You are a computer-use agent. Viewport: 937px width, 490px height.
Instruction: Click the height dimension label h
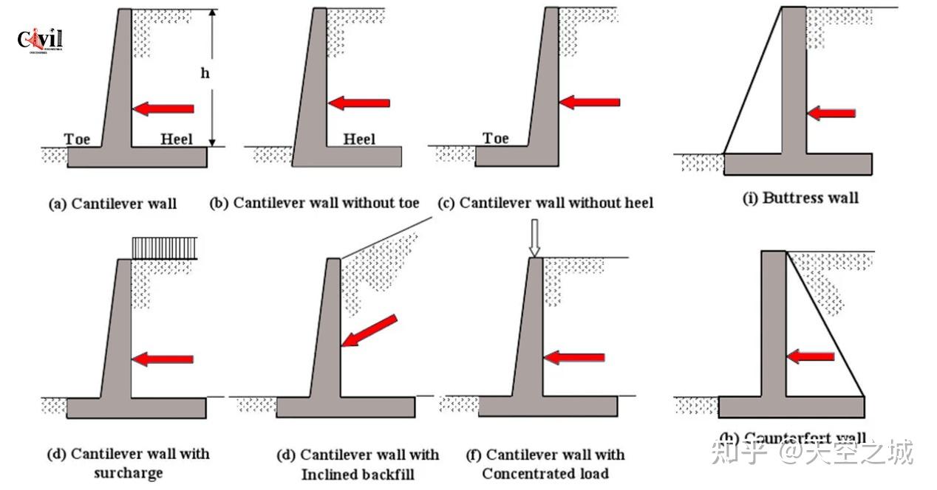(x=205, y=75)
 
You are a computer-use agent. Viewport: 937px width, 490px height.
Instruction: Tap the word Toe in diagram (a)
(x=77, y=139)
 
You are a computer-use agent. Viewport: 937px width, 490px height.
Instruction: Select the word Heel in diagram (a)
(x=177, y=139)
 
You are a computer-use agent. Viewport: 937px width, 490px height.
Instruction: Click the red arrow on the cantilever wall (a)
(x=163, y=109)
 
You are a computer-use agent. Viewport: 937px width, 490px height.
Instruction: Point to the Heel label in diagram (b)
(x=359, y=139)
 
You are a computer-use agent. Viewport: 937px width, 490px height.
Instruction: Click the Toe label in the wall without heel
(x=496, y=138)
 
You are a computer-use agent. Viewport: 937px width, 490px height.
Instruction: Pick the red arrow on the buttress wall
(x=831, y=114)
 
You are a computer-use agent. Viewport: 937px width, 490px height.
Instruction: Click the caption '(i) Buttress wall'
(x=800, y=198)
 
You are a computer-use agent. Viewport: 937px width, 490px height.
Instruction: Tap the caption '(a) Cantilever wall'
(x=112, y=204)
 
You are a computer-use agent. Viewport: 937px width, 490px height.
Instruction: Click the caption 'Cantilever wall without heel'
(x=546, y=202)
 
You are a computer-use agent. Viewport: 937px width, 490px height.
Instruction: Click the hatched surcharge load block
(x=164, y=247)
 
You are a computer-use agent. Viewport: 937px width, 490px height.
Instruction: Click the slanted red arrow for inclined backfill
(x=369, y=330)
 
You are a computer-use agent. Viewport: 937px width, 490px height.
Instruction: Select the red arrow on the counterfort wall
(x=810, y=356)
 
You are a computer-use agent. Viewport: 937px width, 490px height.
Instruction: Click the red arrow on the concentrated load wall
(x=574, y=358)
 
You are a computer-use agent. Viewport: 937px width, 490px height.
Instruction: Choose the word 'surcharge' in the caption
(x=128, y=472)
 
